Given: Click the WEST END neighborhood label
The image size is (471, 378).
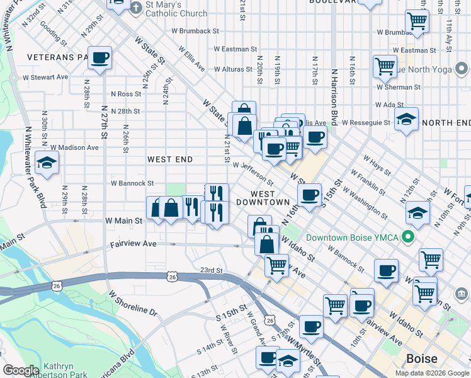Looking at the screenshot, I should pyautogui.click(x=169, y=159).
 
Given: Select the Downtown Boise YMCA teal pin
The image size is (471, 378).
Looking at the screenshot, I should pyautogui.click(x=407, y=238).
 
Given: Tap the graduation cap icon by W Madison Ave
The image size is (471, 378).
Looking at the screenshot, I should pyautogui.click(x=47, y=163).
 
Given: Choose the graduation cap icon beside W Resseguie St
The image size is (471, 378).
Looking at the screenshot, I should pyautogui.click(x=406, y=118).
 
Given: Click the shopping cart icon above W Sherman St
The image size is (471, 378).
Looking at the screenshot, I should pyautogui.click(x=384, y=66).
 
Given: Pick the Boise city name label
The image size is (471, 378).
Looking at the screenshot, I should pyautogui.click(x=422, y=358).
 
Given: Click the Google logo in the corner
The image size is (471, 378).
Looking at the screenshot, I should pyautogui.click(x=21, y=370).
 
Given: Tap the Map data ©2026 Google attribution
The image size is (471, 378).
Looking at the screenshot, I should pyautogui.click(x=432, y=373).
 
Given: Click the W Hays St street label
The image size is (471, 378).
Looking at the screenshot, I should pyautogui.click(x=378, y=164).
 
